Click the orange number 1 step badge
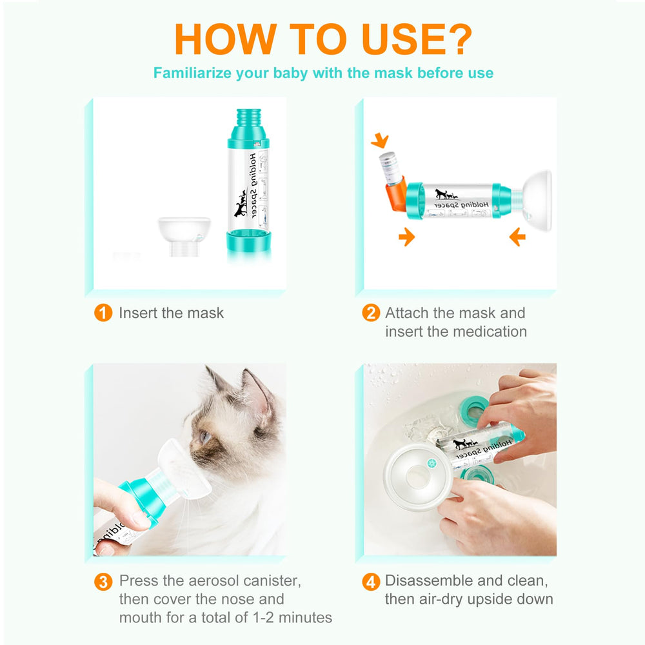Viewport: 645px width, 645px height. pyautogui.click(x=103, y=313)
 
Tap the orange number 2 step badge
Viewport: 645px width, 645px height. pyautogui.click(x=371, y=313)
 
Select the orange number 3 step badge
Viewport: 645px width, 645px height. pyautogui.click(x=103, y=582)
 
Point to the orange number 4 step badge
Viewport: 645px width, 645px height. pyautogui.click(x=371, y=582)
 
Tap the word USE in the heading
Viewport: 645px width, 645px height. pyautogui.click(x=403, y=39)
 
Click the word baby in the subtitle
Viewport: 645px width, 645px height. pyautogui.click(x=290, y=74)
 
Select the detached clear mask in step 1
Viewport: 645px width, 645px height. pyautogui.click(x=184, y=237)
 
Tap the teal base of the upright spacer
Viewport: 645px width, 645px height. pyautogui.click(x=249, y=241)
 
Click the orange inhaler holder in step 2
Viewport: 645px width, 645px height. pyautogui.click(x=396, y=193)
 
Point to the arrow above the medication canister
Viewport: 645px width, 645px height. pyautogui.click(x=380, y=140)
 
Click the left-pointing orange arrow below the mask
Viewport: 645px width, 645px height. pyautogui.click(x=517, y=237)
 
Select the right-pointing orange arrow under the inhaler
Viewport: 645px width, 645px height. pyautogui.click(x=406, y=237)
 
